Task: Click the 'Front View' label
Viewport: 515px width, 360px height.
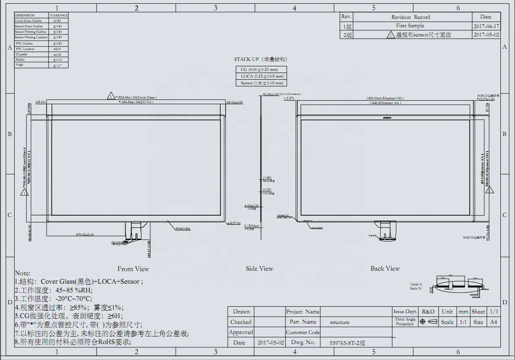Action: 133,269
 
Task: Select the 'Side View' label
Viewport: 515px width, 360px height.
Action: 259,269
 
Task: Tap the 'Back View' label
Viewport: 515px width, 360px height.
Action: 385,269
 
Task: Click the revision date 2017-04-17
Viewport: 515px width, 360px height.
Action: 486,26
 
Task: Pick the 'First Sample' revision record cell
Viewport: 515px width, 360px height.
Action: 410,26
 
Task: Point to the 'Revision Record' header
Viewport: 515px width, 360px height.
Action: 411,17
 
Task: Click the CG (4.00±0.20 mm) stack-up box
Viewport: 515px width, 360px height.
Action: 262,69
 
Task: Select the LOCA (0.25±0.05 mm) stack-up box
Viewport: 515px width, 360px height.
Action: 262,76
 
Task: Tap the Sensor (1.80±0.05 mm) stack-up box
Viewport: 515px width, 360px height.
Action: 262,83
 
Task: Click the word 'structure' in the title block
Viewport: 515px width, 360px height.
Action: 340,322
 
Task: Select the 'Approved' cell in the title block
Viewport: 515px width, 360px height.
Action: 241,332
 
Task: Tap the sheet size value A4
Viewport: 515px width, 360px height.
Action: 494,322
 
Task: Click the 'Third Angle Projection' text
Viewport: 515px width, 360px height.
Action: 405,322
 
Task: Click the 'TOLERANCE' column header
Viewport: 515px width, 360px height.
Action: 58,15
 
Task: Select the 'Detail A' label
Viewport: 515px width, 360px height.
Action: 416,284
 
